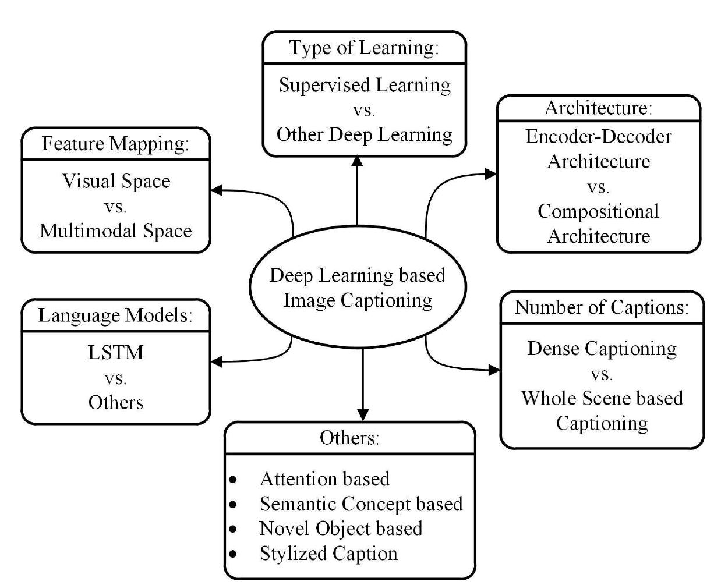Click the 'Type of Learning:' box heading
[364, 48]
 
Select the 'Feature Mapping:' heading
[115, 144]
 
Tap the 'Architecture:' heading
[598, 108]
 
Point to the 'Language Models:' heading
[115, 315]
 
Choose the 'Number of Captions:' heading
[602, 307]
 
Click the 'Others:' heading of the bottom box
[349, 438]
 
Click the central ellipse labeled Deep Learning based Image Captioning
[357, 288]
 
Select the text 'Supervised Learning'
[365, 86]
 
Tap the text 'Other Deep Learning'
[365, 134]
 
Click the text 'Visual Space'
[116, 181]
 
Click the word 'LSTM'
[115, 353]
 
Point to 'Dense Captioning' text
[602, 348]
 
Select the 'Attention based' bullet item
[324, 478]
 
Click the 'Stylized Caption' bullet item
[328, 553]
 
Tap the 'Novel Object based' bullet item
[341, 528]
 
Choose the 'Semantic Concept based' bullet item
[360, 503]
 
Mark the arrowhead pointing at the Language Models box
[216, 362]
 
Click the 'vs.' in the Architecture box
[598, 187]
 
